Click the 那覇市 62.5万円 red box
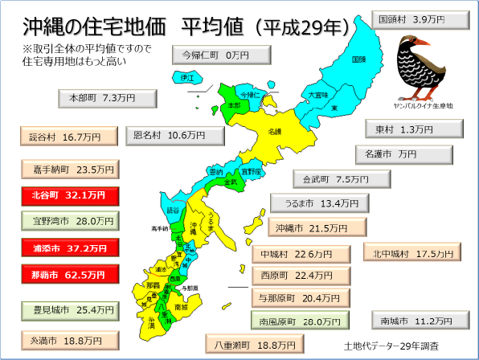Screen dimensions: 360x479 pyautogui.click(x=70, y=274)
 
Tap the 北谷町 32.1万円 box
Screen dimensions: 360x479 pyautogui.click(x=70, y=195)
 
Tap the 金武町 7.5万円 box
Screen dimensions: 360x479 pyautogui.click(x=328, y=179)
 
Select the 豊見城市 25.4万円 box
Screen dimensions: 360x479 pyautogui.click(x=70, y=309)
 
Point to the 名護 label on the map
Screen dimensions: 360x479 pyautogui.click(x=274, y=131)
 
